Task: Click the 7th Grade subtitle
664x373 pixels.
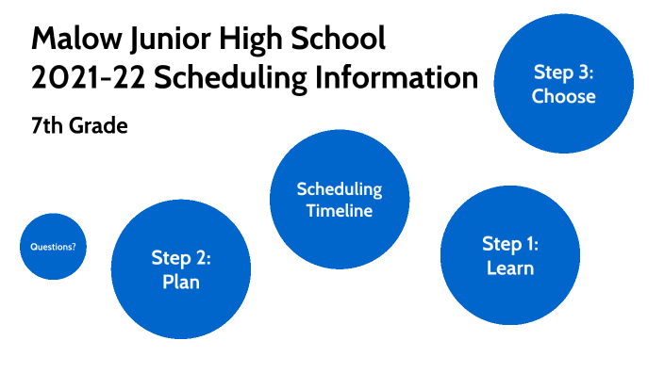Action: [78, 125]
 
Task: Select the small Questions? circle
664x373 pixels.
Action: [53, 247]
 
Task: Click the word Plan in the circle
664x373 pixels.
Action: [180, 281]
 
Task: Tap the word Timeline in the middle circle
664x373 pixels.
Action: [339, 210]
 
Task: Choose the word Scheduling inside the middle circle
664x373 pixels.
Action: [339, 188]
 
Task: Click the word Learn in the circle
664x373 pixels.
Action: [509, 268]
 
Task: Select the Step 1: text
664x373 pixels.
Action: [509, 244]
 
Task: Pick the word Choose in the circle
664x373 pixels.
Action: [563, 95]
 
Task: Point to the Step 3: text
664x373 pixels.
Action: [563, 72]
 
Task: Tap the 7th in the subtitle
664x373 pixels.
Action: [45, 125]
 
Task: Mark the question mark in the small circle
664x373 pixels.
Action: [74, 247]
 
